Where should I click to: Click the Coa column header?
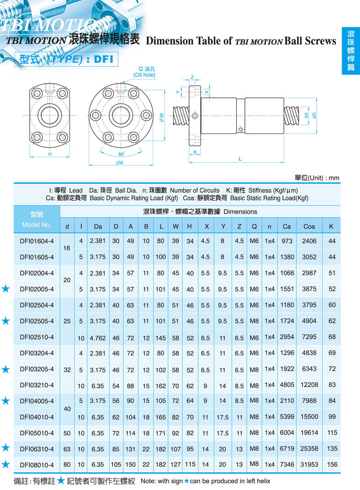coord(309,227)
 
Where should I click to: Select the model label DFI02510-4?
coord(37,337)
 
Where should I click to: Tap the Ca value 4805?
coord(287,385)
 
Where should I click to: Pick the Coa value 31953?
coord(309,464)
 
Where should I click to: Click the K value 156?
coord(332,464)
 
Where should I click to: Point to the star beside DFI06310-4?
coord(5,448)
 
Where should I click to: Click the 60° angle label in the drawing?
coord(121,154)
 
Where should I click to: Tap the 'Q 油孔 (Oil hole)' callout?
coord(144,72)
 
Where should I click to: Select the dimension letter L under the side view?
coord(240,159)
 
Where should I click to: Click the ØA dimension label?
coord(119,163)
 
